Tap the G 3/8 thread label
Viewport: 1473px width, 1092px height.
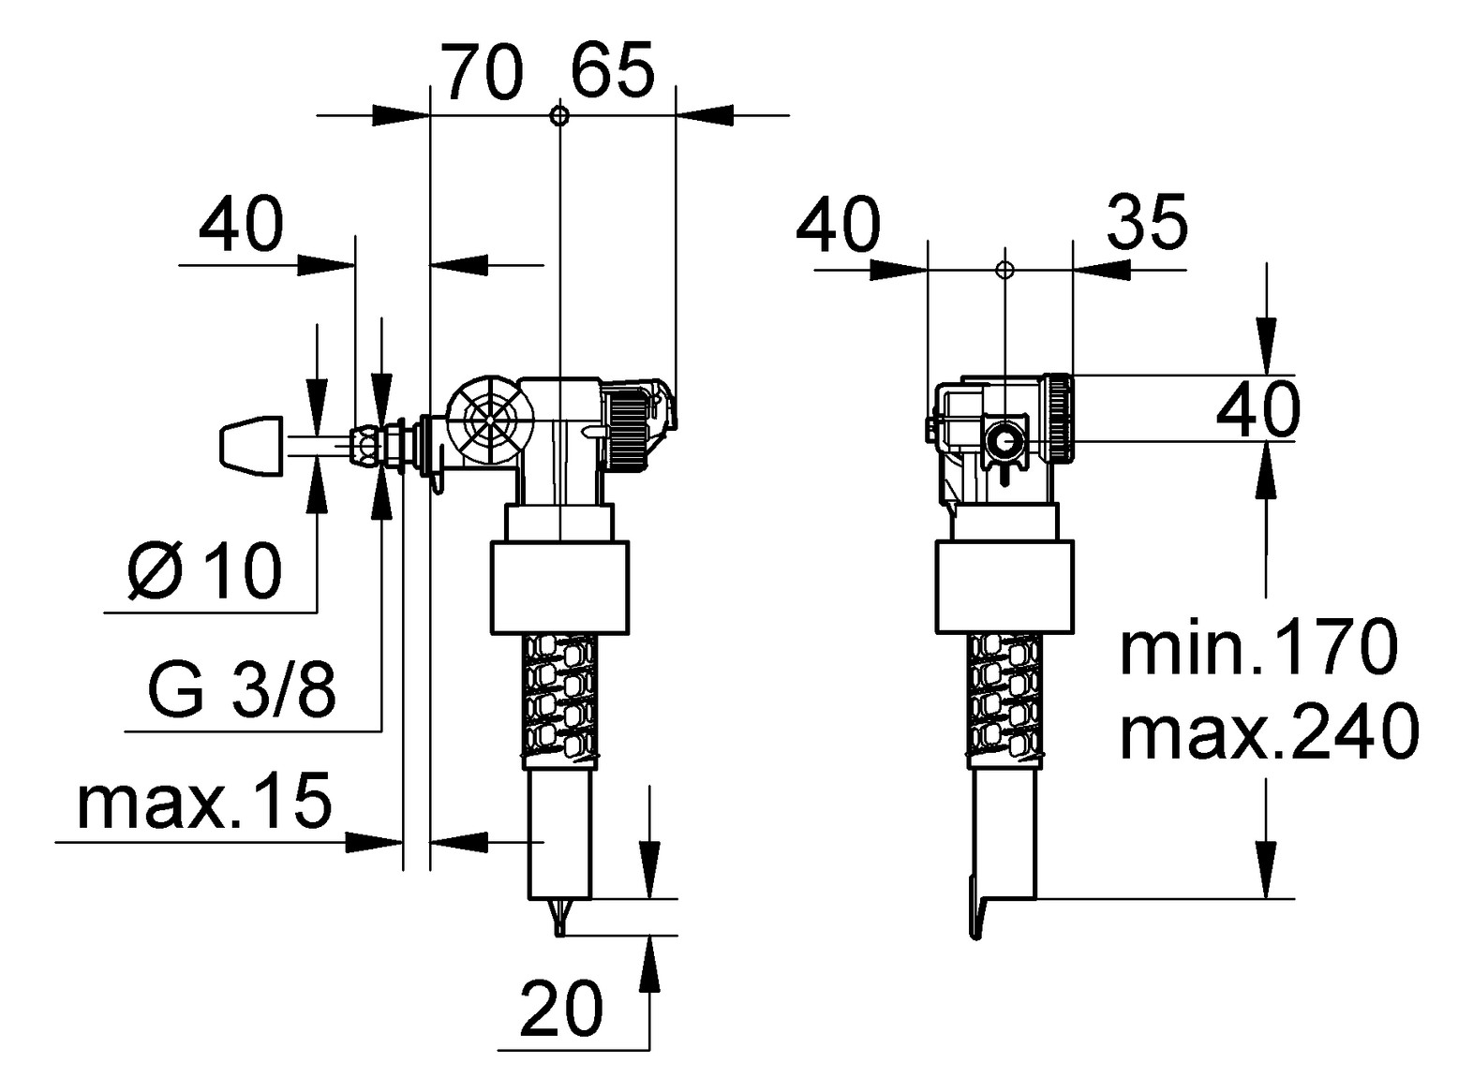point(241,692)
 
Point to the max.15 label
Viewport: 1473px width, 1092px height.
point(204,803)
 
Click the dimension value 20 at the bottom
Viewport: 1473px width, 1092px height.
point(561,1010)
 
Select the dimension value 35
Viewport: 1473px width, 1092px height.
point(1147,224)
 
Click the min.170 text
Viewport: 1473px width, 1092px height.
point(1258,647)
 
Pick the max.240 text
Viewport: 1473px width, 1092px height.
point(1269,732)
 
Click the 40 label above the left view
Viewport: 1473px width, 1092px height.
point(241,226)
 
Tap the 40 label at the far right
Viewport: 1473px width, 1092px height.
point(1258,409)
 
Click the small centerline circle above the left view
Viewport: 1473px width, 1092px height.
point(558,116)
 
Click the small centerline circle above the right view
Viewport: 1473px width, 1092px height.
point(1004,270)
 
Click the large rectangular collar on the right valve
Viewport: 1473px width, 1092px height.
point(1004,586)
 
